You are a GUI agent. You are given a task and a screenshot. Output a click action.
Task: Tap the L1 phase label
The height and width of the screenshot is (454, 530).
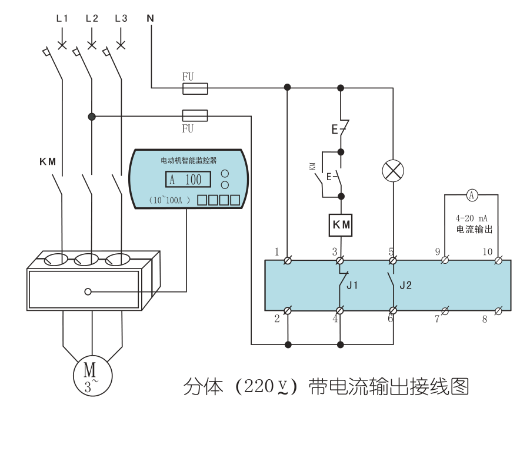[62, 18]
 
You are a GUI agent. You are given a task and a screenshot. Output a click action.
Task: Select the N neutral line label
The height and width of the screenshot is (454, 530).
[151, 18]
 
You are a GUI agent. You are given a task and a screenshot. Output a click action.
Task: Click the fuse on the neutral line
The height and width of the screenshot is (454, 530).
[195, 88]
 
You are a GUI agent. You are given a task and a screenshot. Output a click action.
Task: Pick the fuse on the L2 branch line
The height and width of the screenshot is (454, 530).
[195, 115]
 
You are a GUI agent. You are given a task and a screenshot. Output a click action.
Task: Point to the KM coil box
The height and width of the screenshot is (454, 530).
[341, 224]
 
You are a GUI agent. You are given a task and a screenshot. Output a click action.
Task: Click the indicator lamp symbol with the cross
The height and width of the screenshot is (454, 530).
[393, 171]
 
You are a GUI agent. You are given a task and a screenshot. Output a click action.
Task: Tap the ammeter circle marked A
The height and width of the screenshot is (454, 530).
[471, 194]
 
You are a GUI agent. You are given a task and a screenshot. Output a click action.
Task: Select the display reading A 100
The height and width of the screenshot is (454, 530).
[186, 180]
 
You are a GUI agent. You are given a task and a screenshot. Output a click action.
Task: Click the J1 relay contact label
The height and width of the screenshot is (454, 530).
[352, 286]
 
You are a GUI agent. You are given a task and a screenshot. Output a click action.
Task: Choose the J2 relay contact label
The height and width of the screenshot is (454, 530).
[405, 286]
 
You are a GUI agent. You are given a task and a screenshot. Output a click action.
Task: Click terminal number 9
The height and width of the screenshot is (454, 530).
[438, 252]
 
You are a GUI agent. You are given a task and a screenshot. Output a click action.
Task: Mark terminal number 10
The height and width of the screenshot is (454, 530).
[488, 252]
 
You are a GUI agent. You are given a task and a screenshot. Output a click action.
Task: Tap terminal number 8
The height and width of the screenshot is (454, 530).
[485, 320]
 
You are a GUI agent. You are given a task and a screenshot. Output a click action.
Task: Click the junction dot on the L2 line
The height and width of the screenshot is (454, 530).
[92, 117]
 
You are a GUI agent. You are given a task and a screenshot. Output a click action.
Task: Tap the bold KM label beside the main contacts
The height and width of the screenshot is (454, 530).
[48, 161]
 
